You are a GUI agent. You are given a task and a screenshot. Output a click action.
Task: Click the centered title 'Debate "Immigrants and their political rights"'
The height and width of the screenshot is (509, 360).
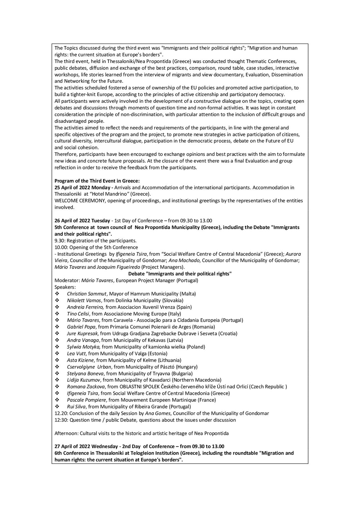click(180, 274)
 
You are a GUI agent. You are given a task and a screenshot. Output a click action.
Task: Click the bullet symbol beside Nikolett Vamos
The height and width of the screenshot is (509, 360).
click(57, 300)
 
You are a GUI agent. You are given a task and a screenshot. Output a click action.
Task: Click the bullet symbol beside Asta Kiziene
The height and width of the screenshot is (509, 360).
click(57, 360)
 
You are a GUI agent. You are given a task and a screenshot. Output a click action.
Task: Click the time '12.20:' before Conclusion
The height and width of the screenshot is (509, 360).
click(61, 414)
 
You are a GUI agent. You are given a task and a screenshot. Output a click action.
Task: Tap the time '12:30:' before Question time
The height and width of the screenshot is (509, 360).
click(61, 420)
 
